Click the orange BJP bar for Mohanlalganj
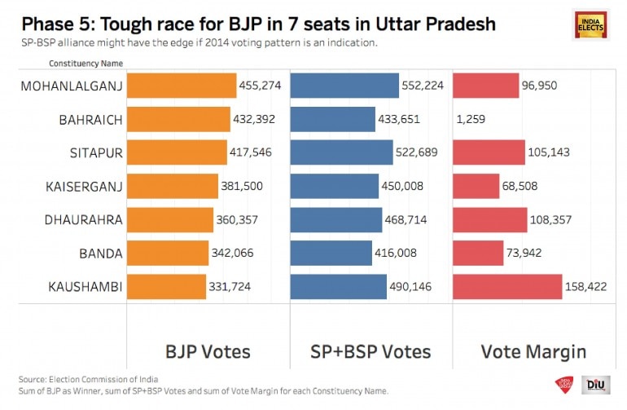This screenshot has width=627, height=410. [181, 86]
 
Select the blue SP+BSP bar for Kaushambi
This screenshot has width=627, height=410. [338, 286]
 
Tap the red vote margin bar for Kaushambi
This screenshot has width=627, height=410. [506, 286]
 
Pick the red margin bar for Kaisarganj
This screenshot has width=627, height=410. [476, 186]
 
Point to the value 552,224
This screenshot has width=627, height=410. [422, 86]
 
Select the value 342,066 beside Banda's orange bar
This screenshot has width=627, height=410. [233, 253]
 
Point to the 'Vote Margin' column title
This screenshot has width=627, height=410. [533, 352]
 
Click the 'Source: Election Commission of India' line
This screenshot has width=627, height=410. [79, 380]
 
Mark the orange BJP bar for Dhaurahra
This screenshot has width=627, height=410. [169, 219]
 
